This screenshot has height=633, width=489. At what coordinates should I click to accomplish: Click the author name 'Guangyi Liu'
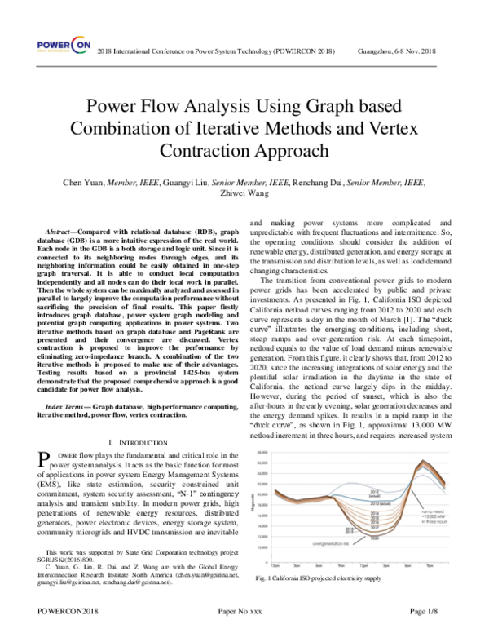(x=187, y=182)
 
